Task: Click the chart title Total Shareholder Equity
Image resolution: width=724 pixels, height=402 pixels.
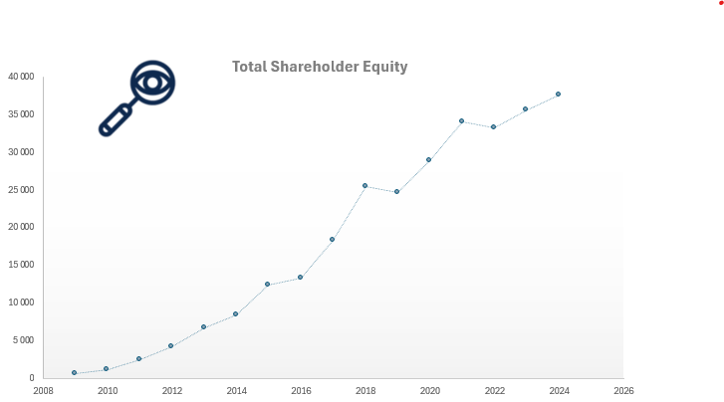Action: coord(320,67)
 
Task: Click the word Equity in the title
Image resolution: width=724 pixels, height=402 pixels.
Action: coord(384,67)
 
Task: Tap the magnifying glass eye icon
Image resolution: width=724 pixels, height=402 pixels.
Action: coord(138,98)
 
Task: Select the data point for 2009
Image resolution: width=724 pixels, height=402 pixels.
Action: coord(75,372)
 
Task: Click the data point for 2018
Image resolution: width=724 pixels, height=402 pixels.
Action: coord(364,185)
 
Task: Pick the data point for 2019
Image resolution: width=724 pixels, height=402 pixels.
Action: coord(396,191)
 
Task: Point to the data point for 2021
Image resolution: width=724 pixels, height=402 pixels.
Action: coord(461,120)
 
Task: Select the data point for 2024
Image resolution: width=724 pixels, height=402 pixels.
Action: coord(558,94)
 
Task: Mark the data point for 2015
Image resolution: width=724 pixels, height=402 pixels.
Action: coord(267,284)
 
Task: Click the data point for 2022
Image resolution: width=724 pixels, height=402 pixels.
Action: coord(493,126)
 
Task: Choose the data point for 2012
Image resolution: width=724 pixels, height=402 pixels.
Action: coord(171,345)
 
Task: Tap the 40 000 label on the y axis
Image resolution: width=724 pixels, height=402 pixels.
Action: coord(20,77)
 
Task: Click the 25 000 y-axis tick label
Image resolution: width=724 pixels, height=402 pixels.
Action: coord(20,190)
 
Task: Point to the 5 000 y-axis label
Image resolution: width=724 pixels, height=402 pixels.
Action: coord(22,340)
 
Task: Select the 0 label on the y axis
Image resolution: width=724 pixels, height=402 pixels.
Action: coord(32,378)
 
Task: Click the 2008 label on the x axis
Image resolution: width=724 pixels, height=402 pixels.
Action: coord(43,391)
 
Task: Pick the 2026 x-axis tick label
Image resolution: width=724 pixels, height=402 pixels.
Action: coord(623,391)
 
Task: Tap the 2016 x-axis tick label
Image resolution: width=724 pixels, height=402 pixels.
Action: coord(300,391)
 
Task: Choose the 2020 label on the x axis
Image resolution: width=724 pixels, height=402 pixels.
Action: coord(429,391)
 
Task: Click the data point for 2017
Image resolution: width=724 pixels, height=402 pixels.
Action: coord(332,239)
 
